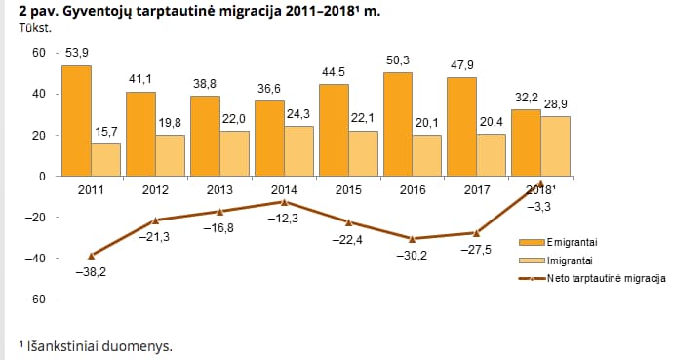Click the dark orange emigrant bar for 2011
point(76,121)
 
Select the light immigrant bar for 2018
point(555,146)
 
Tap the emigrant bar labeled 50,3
point(398,124)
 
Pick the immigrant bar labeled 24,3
point(298,151)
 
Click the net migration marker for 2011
point(91,256)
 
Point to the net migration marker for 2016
point(412,239)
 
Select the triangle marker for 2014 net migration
point(284,202)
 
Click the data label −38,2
point(91,272)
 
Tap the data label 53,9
point(76,53)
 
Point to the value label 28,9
point(555,104)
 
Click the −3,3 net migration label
point(538,207)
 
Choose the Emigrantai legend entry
point(558,242)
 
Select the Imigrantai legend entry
point(556,260)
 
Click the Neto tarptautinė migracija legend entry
point(592,278)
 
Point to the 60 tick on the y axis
point(39,53)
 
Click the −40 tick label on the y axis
point(35,259)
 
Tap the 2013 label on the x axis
point(219,189)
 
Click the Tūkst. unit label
point(35,28)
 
